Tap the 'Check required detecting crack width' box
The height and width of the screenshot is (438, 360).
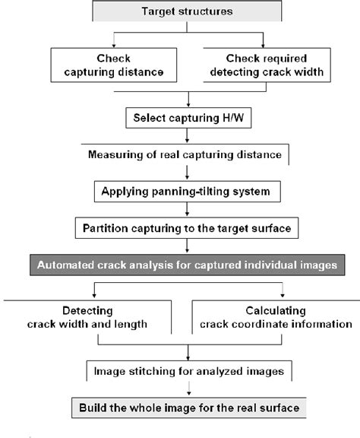point(265,66)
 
